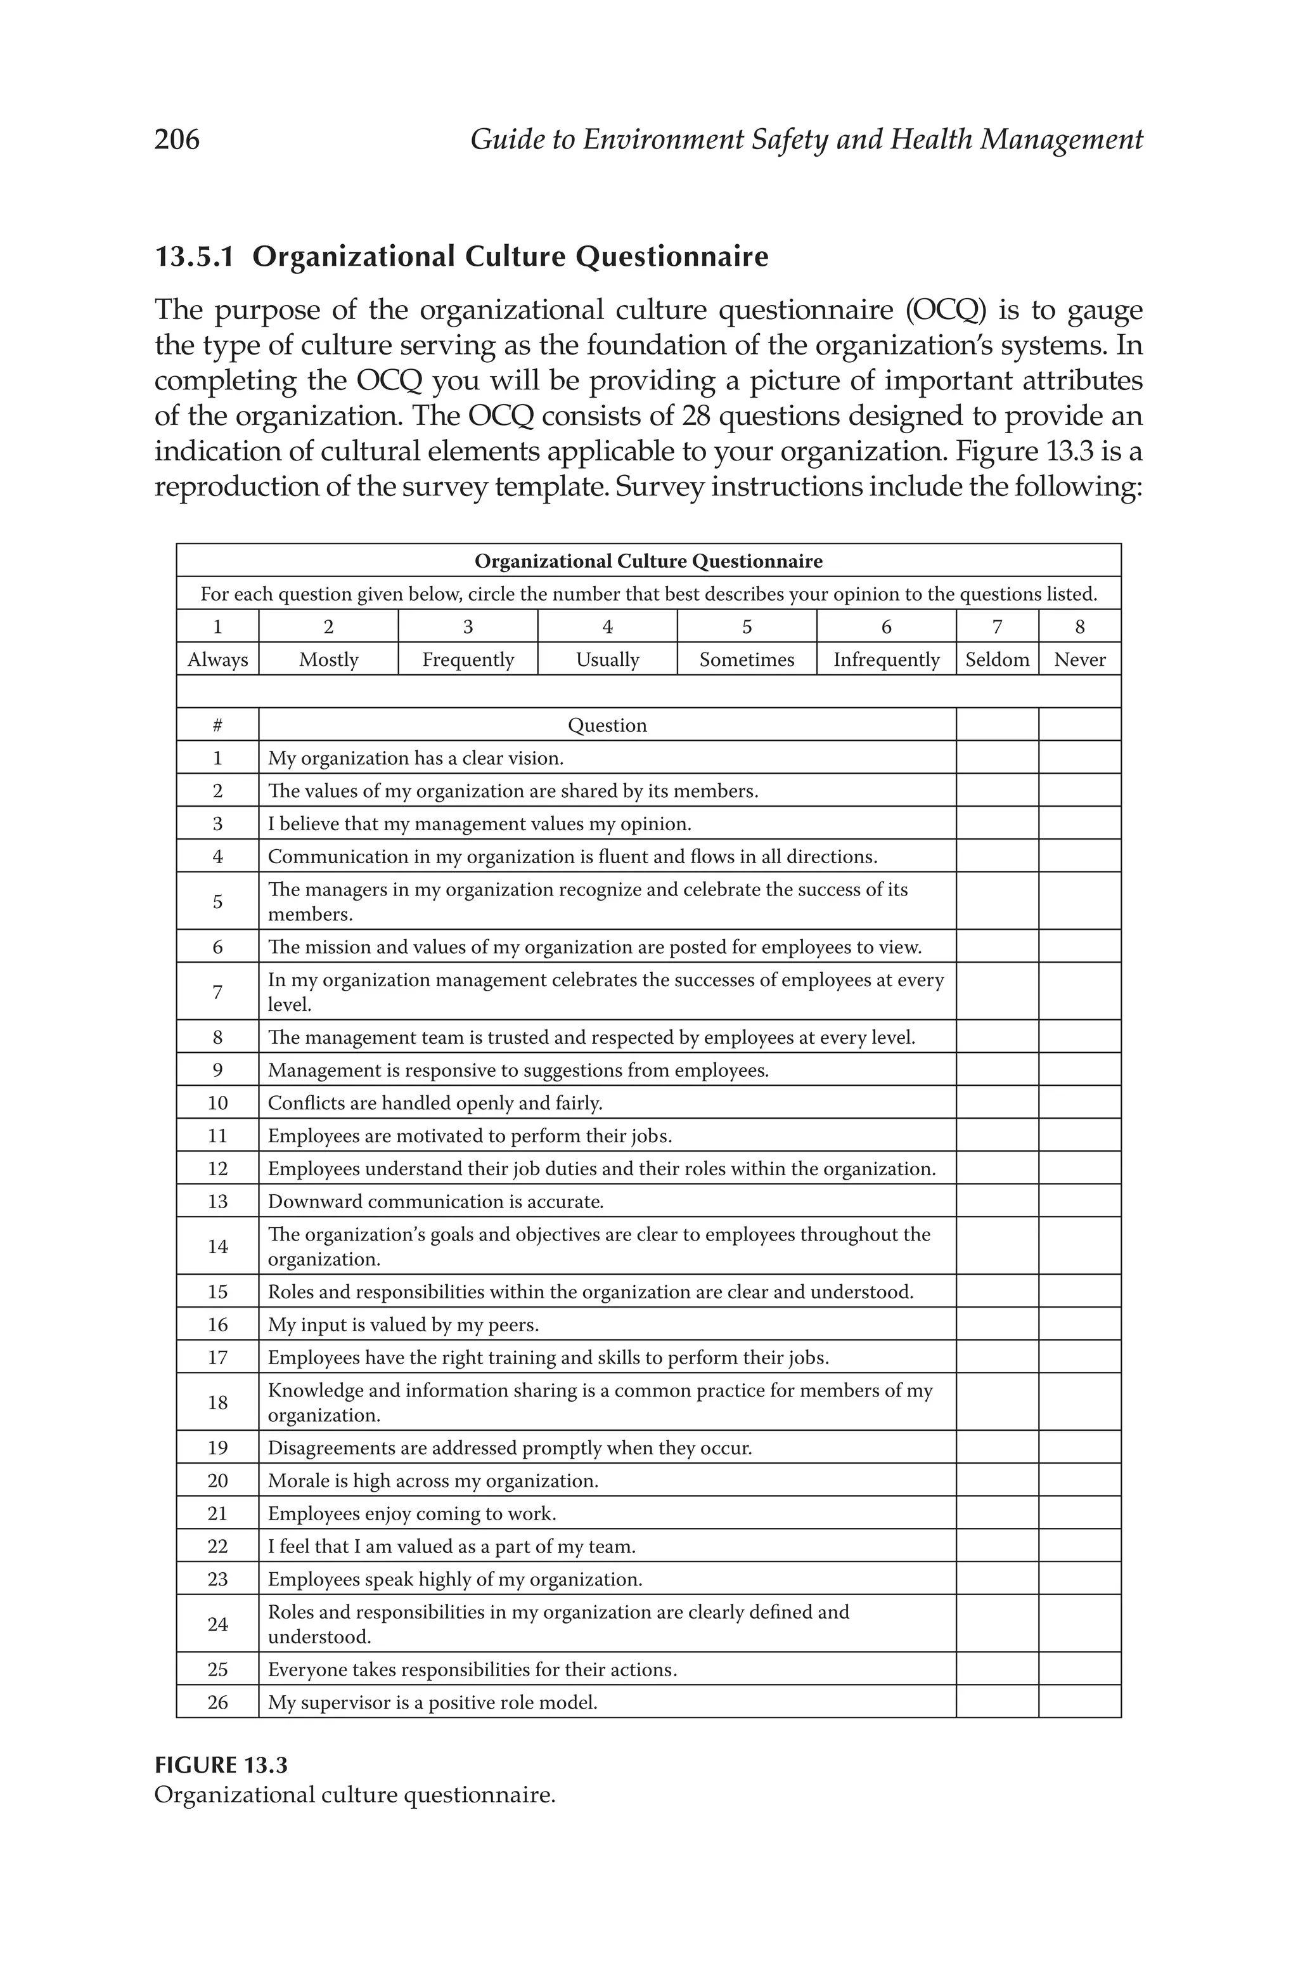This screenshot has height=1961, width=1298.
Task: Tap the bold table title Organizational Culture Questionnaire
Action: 648,561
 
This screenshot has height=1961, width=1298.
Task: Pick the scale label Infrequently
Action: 886,660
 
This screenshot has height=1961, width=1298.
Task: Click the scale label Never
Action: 1079,660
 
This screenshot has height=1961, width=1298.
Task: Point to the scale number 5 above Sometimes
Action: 747,627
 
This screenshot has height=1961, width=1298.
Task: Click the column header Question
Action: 607,726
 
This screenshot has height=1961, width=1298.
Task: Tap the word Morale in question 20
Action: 295,1481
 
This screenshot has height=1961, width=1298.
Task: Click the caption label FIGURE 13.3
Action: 221,1766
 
